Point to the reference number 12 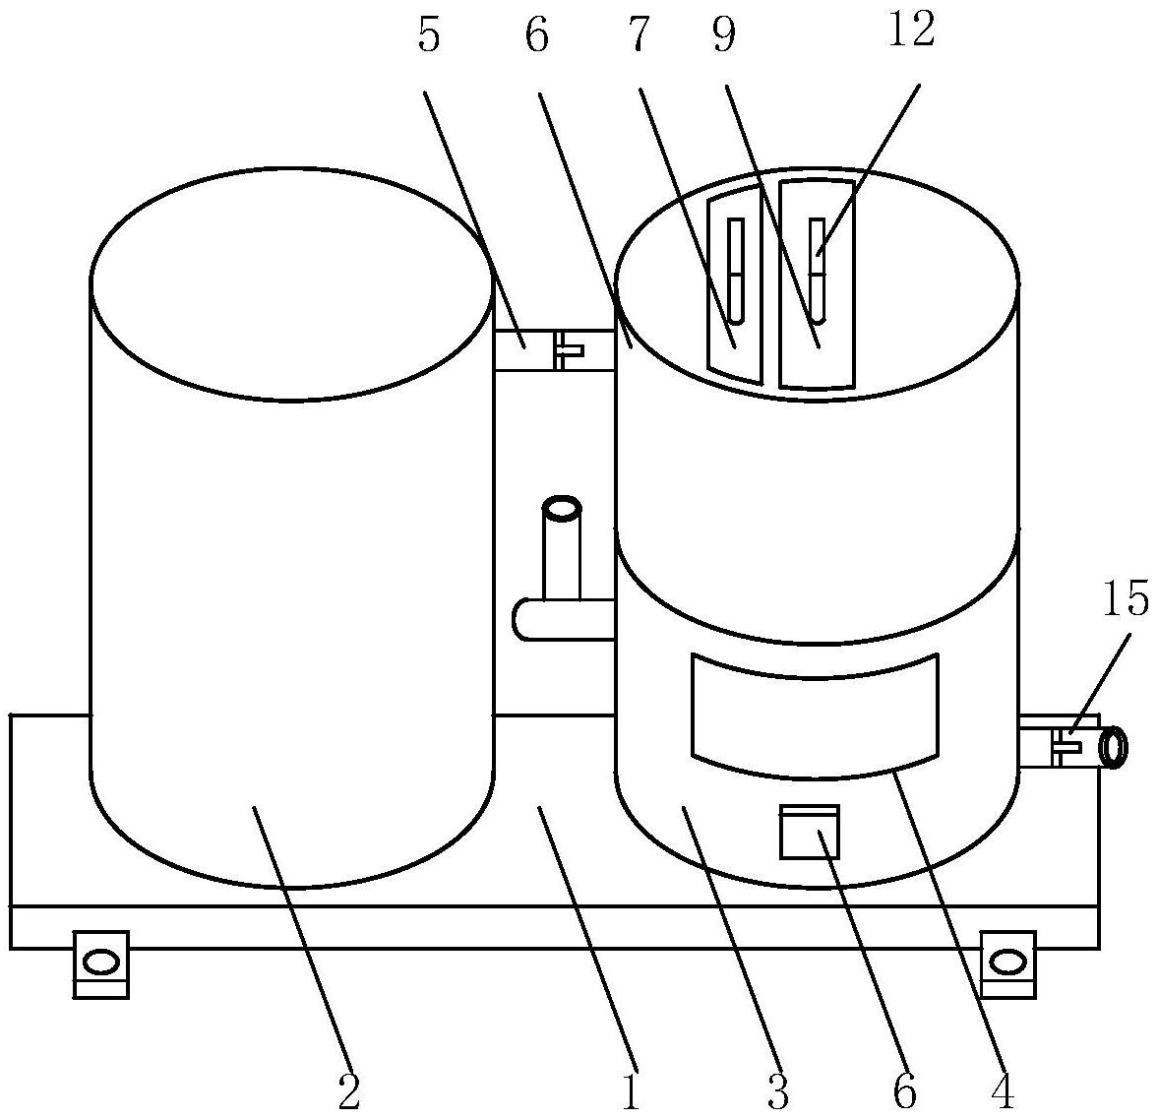click(x=911, y=31)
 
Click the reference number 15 click(x=1125, y=599)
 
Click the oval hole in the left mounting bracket click(x=101, y=963)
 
